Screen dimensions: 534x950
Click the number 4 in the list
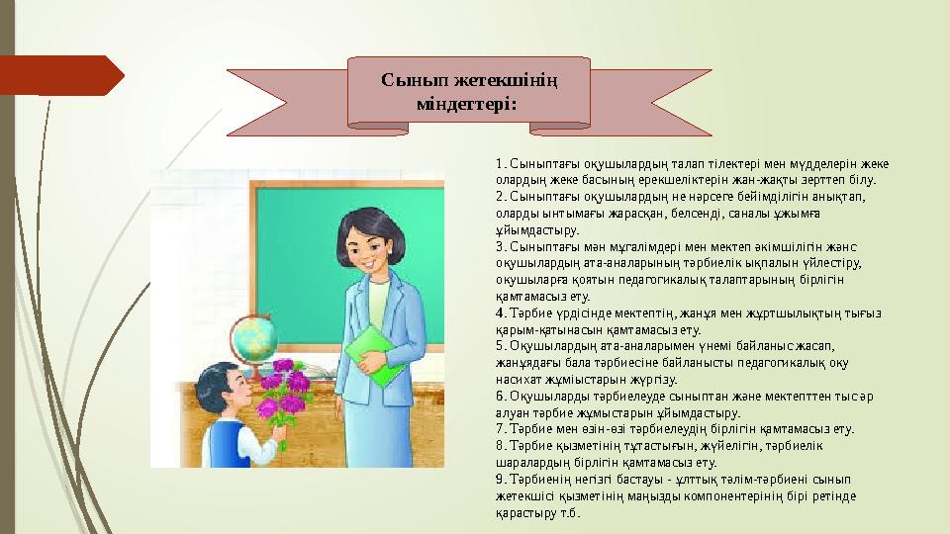click(x=500, y=312)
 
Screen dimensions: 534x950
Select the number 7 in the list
click(x=500, y=429)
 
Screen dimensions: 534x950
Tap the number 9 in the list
click(x=500, y=480)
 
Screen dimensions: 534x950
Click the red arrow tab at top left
click(x=59, y=73)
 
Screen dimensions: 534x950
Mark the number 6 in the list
click(x=500, y=396)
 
